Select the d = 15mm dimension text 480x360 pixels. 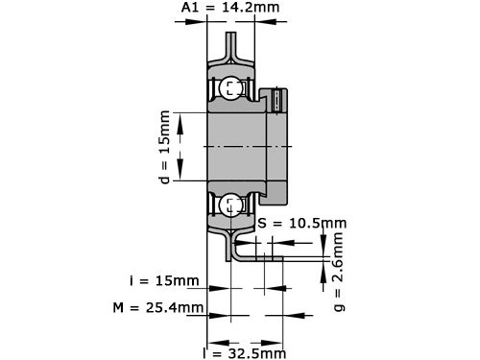164,145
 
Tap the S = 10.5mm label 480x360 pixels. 302,223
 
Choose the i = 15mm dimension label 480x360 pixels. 164,281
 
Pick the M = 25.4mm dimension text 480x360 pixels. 158,308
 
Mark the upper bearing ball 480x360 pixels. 230,89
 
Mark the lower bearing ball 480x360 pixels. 230,203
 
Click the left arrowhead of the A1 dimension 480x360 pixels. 198,26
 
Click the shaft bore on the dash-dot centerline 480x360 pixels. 235,145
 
